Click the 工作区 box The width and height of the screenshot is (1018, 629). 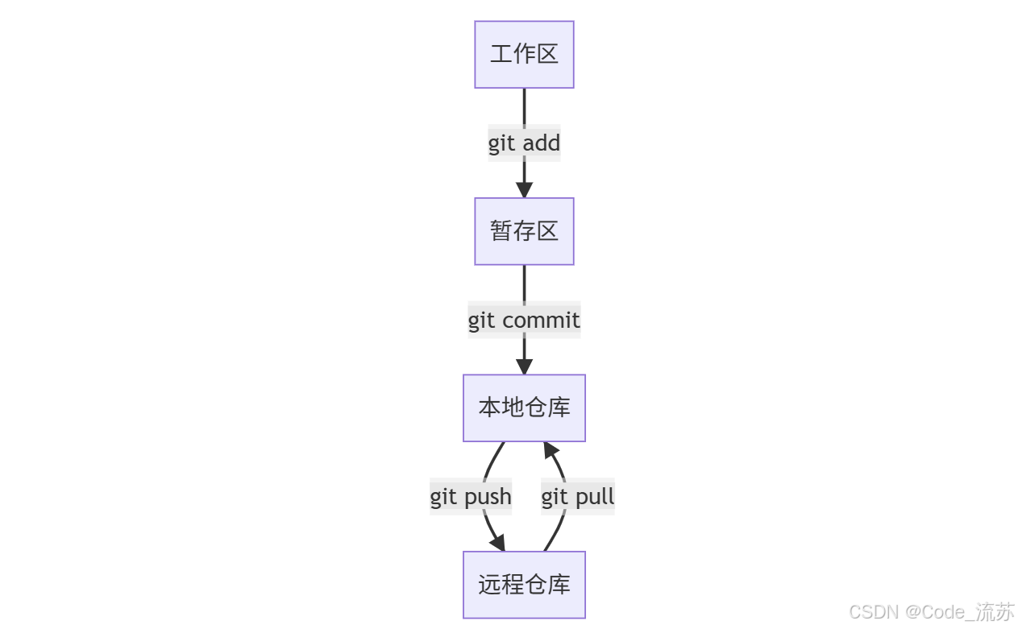pos(524,54)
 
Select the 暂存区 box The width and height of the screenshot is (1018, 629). pos(524,231)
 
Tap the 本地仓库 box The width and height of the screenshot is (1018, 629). pos(524,408)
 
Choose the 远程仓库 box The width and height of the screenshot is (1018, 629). pos(524,585)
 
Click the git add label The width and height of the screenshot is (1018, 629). pos(524,143)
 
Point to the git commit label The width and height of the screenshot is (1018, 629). pos(524,321)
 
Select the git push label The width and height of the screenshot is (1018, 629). pos(471,497)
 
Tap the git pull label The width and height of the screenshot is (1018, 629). pos(578,497)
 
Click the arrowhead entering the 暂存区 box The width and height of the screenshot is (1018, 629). pos(524,191)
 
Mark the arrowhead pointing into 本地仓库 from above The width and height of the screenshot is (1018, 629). pos(524,367)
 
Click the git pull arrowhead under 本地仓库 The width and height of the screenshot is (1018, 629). pos(551,450)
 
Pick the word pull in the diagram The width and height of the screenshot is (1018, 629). pos(593,497)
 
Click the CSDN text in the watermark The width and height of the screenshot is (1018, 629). pos(875,612)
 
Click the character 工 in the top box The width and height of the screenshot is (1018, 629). pos(501,54)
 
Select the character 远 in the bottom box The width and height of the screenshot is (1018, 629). pos(490,585)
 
